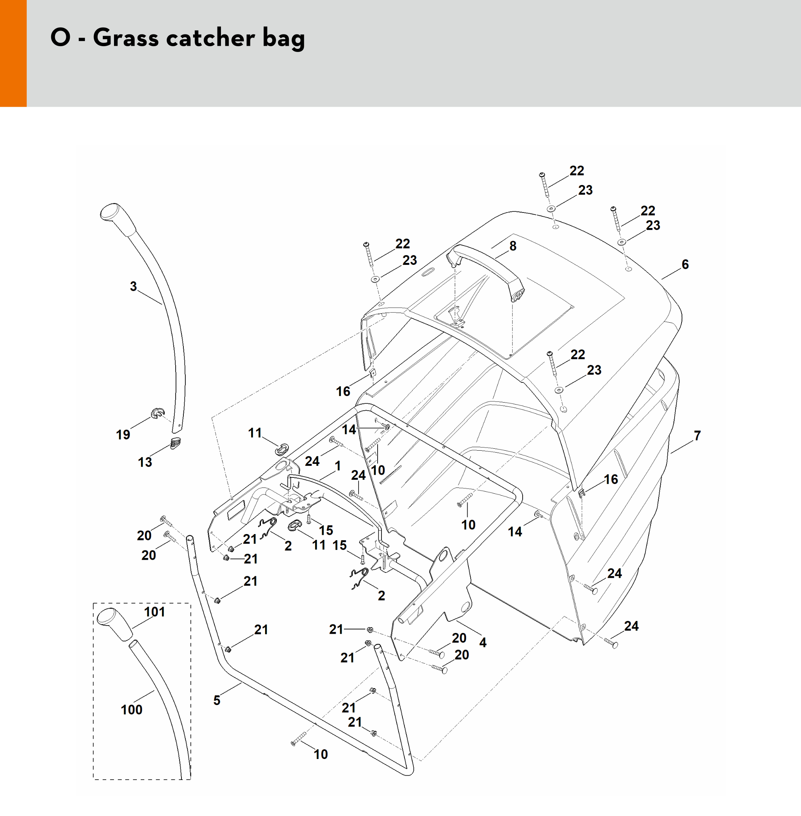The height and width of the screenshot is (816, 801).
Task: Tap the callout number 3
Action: pos(133,287)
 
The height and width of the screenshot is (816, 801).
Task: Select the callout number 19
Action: pos(123,435)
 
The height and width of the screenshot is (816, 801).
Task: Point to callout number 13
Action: pos(145,462)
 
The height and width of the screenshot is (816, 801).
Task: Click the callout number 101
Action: pos(154,612)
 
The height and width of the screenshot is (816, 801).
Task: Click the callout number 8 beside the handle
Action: pos(513,246)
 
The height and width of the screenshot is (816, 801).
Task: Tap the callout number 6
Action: pos(685,264)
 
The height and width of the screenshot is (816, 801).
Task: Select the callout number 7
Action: pos(697,435)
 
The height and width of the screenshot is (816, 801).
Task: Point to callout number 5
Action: pos(217,700)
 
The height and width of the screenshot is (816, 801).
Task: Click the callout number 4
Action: pos(483,642)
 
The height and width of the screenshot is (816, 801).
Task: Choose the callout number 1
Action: pos(337,466)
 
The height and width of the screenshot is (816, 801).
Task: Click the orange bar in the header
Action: pos(13,53)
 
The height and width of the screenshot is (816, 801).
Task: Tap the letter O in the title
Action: pos(60,38)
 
